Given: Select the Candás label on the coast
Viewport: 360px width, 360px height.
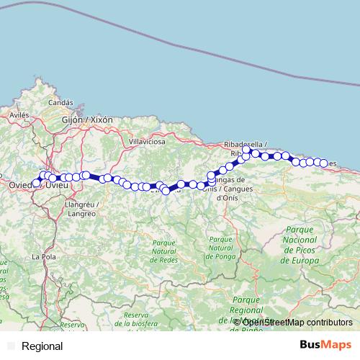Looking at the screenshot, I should [x=60, y=103].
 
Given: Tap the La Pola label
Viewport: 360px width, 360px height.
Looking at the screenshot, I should [x=44, y=256].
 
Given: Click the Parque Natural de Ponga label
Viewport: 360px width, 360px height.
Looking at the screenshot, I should [x=220, y=248].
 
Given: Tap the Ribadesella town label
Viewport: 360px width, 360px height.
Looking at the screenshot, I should [x=247, y=144].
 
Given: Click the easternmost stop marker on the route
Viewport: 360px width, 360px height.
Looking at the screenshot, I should [x=323, y=163].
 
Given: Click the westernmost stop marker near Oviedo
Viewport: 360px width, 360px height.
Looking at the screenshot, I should [x=36, y=183].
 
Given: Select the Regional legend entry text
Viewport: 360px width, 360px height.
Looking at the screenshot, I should [x=42, y=346].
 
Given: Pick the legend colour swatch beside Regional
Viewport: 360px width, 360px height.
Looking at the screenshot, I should [x=10, y=346].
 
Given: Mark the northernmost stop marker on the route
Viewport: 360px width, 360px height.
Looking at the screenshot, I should [x=246, y=150].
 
